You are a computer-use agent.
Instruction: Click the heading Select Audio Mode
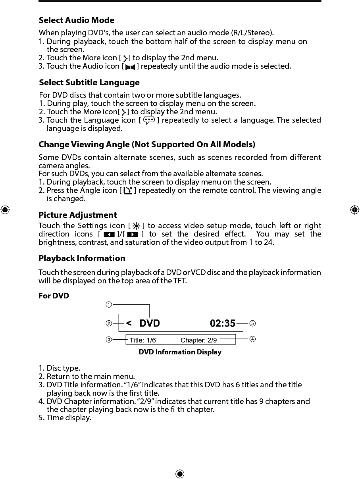76,20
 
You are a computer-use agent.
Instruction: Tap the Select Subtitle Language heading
89,83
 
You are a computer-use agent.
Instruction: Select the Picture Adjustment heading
77,215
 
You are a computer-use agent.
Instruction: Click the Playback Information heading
82,258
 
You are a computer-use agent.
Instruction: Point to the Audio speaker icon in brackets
130,67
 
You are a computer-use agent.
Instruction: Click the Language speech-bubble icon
149,120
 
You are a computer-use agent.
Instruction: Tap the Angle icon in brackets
128,191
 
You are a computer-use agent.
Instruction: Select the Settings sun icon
135,226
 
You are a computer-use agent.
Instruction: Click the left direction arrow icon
109,235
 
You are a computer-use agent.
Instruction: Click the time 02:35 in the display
222,323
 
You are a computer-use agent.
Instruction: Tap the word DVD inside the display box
150,323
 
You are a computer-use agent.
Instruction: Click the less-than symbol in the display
129,323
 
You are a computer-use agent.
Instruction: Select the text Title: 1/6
143,340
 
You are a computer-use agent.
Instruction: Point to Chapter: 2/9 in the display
199,340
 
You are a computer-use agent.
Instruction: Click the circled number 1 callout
108,305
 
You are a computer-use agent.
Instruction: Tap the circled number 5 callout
252,323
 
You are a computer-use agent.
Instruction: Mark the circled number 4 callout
252,339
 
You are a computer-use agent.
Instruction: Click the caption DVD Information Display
180,352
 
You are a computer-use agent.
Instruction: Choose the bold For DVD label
54,296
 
